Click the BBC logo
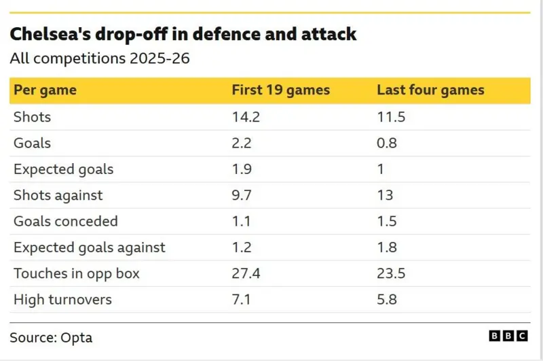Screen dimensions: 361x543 pos(508,336)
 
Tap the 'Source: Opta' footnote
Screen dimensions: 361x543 pos(51,337)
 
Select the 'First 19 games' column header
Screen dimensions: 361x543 pos(280,90)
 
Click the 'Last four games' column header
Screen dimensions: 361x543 pos(430,90)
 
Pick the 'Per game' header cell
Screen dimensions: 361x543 pos(45,90)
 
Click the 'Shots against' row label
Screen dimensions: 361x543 pos(58,195)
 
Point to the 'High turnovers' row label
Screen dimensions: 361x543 pos(62,299)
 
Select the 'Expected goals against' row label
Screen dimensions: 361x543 pos(89,247)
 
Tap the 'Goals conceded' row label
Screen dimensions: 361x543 pos(65,221)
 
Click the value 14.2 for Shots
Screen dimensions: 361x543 pos(246,117)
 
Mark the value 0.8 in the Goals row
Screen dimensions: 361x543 pos(387,143)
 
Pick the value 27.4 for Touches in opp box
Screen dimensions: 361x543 pos(246,273)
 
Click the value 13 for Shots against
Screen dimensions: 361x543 pos(385,195)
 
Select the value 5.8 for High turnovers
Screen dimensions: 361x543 pos(387,299)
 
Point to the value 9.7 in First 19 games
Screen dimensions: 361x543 pos(242,195)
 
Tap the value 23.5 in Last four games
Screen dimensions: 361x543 pos(391,273)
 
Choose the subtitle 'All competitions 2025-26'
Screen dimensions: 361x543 pos(99,58)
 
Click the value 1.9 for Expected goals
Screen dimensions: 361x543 pos(242,169)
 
